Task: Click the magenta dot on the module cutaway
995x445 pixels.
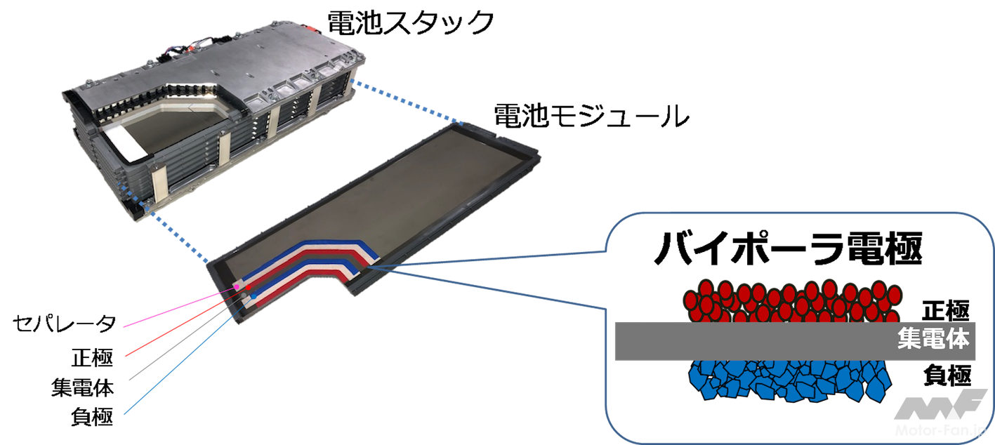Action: coord(238,291)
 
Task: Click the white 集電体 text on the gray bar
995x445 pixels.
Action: coord(933,340)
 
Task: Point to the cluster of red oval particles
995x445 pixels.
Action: coord(790,300)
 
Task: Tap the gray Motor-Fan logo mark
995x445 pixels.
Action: coord(941,405)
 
